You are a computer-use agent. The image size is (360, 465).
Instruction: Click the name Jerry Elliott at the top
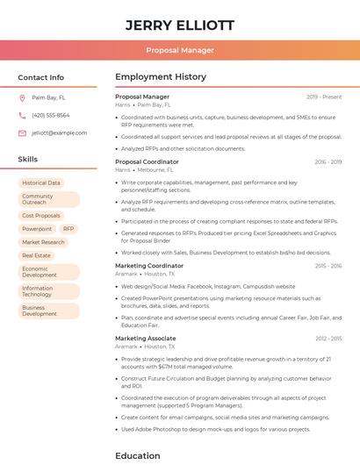pyautogui.click(x=179, y=25)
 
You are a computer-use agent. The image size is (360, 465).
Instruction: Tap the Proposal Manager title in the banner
pyautogui.click(x=179, y=50)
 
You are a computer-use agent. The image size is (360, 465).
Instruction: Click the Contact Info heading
pyautogui.click(x=41, y=77)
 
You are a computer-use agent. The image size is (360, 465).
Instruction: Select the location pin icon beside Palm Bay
pyautogui.click(x=22, y=97)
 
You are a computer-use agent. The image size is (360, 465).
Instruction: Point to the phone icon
pyautogui.click(x=22, y=115)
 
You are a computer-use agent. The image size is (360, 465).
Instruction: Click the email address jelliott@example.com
pyautogui.click(x=60, y=132)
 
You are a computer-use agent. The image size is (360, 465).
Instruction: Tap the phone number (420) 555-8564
pyautogui.click(x=51, y=115)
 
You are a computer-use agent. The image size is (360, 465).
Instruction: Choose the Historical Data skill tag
pyautogui.click(x=41, y=182)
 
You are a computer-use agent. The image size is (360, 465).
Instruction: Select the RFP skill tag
pyautogui.click(x=68, y=228)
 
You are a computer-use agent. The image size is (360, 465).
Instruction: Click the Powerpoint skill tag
pyautogui.click(x=37, y=228)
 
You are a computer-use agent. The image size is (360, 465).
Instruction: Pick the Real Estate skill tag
pyautogui.click(x=36, y=255)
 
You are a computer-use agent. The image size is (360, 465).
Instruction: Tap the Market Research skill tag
pyautogui.click(x=43, y=242)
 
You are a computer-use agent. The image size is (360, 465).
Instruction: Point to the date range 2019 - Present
pyautogui.click(x=324, y=97)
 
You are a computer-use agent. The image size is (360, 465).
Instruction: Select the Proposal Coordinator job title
pyautogui.click(x=147, y=161)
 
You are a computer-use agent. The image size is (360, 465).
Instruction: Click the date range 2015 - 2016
pyautogui.click(x=328, y=265)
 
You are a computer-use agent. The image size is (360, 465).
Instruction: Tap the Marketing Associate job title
pyautogui.click(x=145, y=338)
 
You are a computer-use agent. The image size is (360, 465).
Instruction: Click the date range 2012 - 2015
pyautogui.click(x=328, y=338)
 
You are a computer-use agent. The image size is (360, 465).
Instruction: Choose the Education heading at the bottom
pyautogui.click(x=138, y=455)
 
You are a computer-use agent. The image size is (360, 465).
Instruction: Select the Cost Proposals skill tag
pyautogui.click(x=41, y=215)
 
